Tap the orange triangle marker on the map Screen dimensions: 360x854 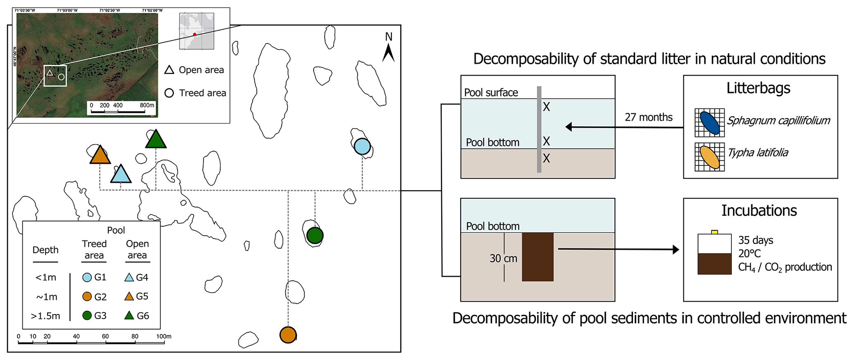pyautogui.click(x=100, y=156)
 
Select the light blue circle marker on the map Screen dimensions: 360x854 pyautogui.click(x=362, y=146)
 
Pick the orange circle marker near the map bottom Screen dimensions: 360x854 pyautogui.click(x=288, y=335)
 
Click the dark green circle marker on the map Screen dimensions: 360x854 pyautogui.click(x=315, y=236)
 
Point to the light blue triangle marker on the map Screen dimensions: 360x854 pyautogui.click(x=121, y=175)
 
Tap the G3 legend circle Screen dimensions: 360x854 pyautogui.click(x=87, y=316)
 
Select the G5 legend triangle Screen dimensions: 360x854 pyautogui.click(x=129, y=296)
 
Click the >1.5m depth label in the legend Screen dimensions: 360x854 pyautogui.click(x=45, y=316)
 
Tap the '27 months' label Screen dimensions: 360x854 pyautogui.click(x=648, y=117)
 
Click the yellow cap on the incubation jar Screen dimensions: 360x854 pyautogui.click(x=714, y=232)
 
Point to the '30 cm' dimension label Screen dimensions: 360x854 pyautogui.click(x=503, y=259)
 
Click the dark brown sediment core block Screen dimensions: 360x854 pyautogui.click(x=538, y=257)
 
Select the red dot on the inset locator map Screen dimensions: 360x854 pyautogui.click(x=195, y=35)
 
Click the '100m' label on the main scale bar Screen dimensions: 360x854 pyautogui.click(x=164, y=336)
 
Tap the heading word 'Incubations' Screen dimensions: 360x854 pyautogui.click(x=759, y=211)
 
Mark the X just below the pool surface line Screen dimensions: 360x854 pyautogui.click(x=546, y=107)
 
